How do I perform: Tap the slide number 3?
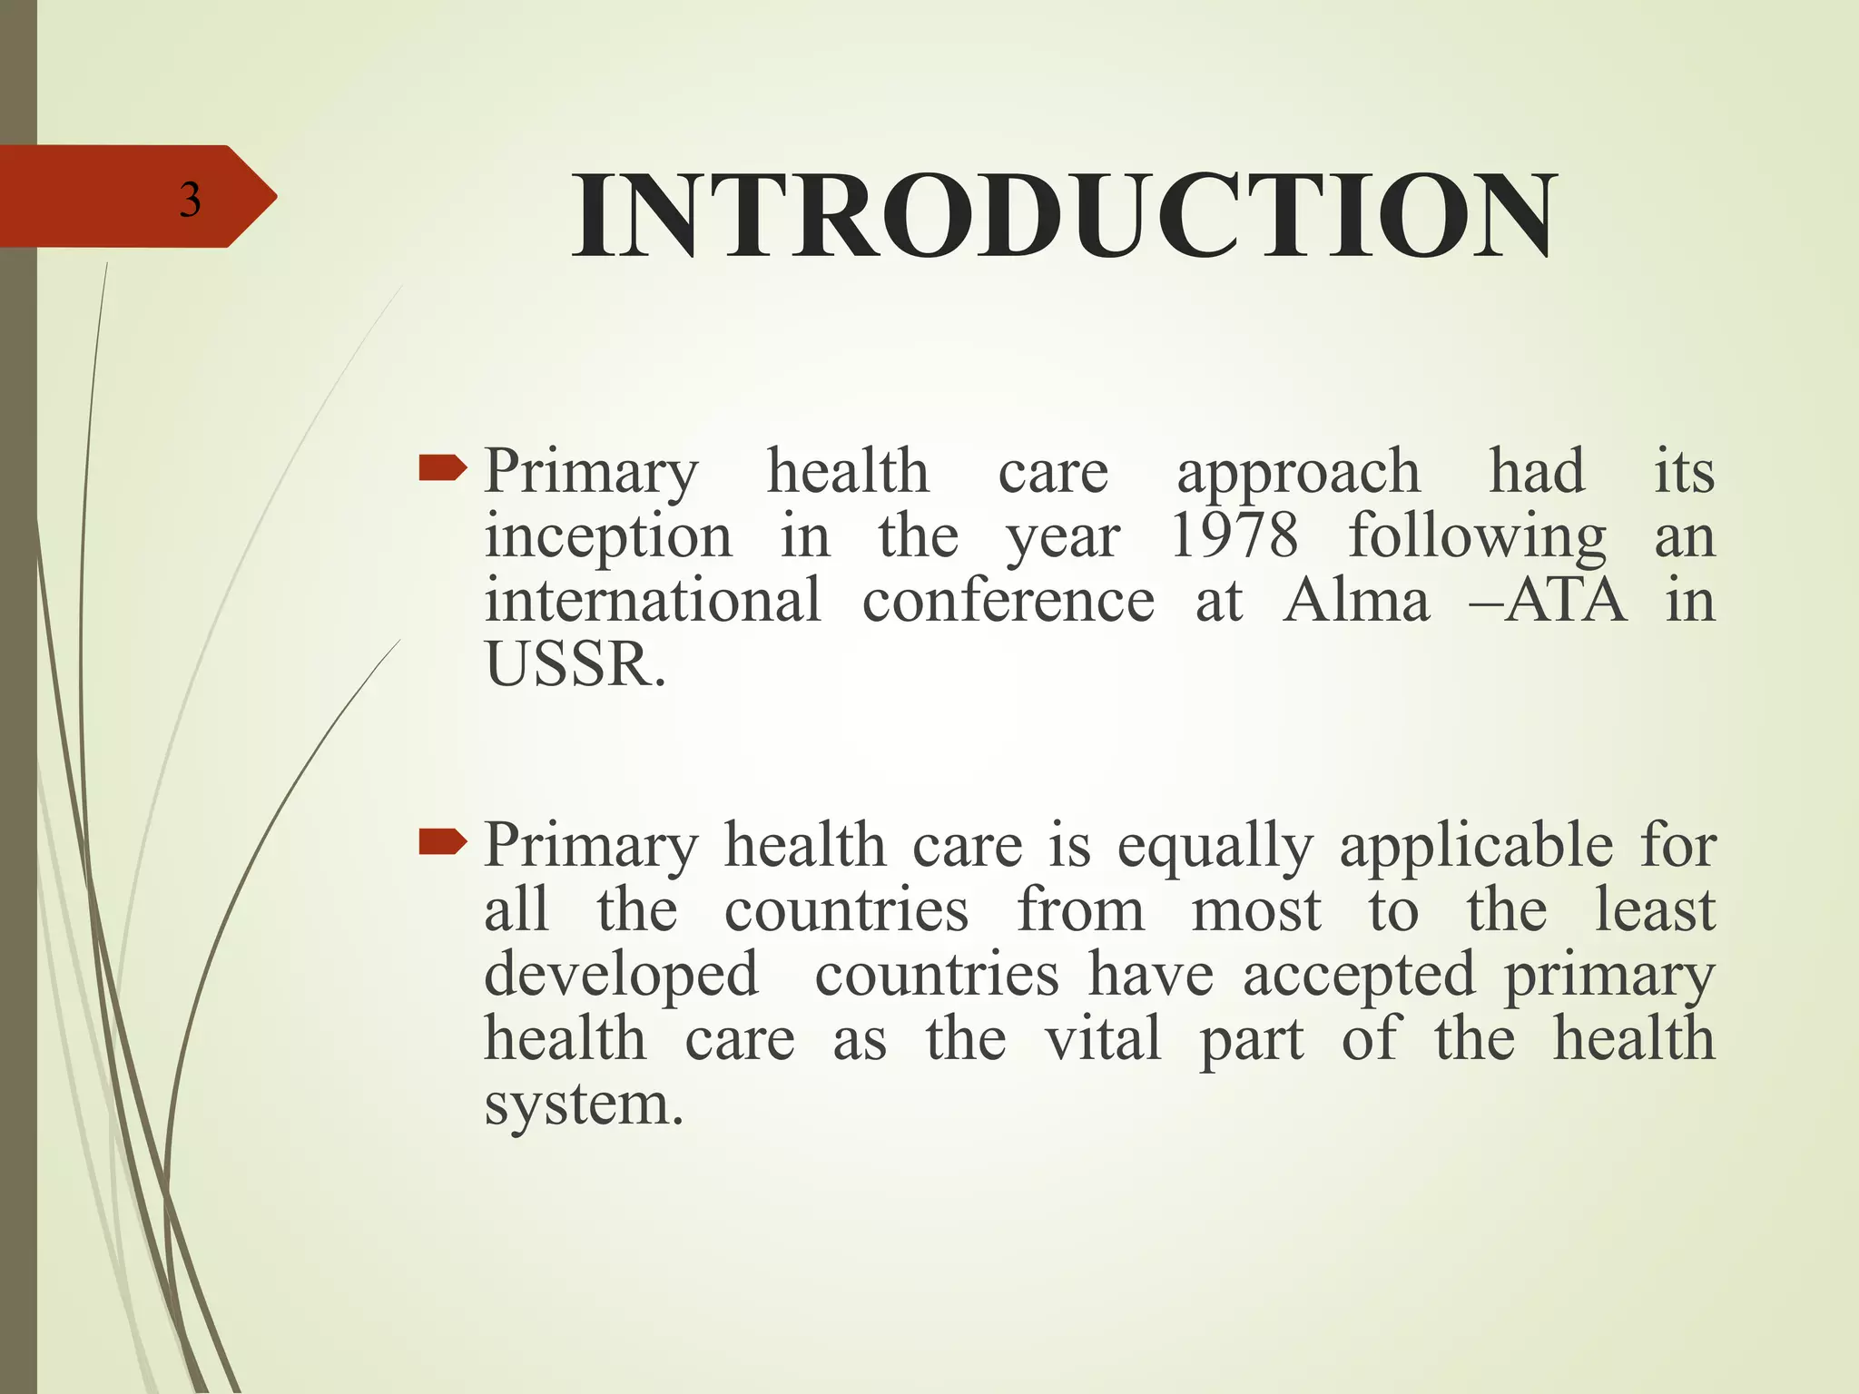point(190,200)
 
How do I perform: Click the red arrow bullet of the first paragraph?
point(442,469)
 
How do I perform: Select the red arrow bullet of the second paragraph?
point(442,844)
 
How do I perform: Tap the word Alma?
point(1356,601)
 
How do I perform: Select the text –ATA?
point(1548,601)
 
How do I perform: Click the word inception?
point(607,537)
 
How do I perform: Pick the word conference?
point(1008,601)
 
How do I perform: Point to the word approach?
point(1298,474)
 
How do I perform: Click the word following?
point(1477,537)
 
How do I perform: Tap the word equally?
point(1215,848)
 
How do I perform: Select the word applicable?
point(1477,848)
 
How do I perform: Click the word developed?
point(621,977)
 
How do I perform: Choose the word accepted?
point(1359,977)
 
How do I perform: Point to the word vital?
point(1103,1038)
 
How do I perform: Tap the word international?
point(652,601)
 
